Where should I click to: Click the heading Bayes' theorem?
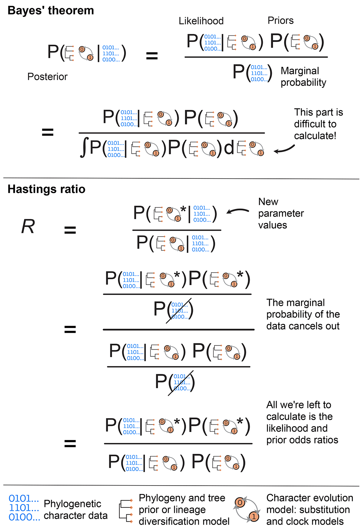coord(51,11)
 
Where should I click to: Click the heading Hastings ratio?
coord(46,189)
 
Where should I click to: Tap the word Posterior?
coord(47,77)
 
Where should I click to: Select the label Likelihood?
coord(201,21)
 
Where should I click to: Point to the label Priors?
coord(280,21)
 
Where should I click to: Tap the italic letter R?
coord(28,226)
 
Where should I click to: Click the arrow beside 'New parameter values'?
coord(237,210)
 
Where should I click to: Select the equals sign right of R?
coord(70,230)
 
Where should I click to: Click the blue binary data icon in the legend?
coord(24,508)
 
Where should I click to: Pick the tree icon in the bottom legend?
coord(126,511)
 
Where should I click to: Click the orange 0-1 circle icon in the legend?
coord(247,509)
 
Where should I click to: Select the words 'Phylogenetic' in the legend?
coord(72,504)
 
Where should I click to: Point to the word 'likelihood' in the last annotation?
coord(297,428)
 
